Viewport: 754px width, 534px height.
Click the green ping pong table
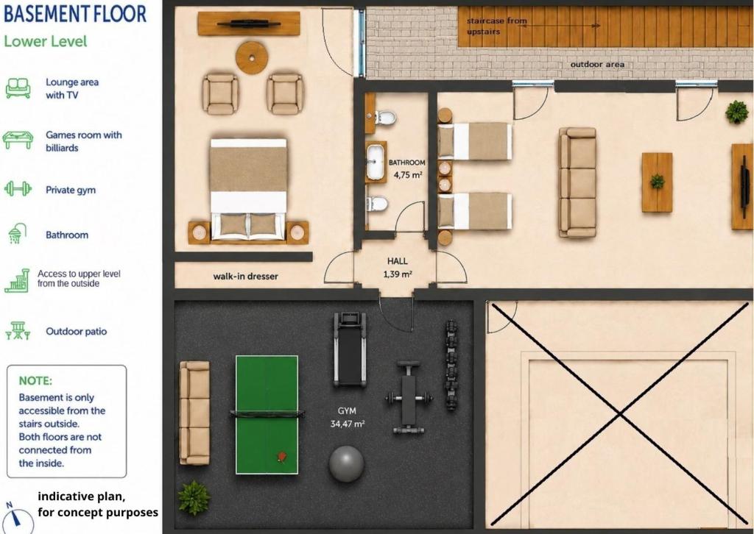click(267, 415)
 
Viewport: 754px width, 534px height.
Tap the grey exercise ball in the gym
click(347, 464)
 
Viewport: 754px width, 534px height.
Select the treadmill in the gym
click(350, 349)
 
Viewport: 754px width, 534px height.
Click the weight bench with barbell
click(409, 398)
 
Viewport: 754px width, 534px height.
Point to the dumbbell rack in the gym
click(451, 365)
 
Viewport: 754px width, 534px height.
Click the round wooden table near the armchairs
click(251, 57)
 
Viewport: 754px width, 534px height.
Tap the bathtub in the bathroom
click(376, 162)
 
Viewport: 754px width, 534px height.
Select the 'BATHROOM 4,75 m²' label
click(406, 168)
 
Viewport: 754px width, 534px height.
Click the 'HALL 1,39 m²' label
click(398, 268)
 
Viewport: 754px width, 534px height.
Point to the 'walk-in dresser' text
click(246, 276)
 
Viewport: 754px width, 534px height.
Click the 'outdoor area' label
click(597, 64)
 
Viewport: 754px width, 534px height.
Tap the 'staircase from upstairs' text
click(497, 26)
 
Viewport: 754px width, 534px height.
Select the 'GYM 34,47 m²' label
click(348, 417)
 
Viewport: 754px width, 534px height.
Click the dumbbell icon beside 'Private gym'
click(18, 189)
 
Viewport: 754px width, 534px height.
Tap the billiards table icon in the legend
click(18, 140)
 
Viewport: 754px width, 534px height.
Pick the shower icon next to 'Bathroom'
click(17, 233)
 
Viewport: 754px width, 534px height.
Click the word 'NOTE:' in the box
click(35, 381)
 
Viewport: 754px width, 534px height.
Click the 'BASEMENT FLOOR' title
click(75, 13)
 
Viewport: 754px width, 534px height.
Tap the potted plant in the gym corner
click(194, 498)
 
